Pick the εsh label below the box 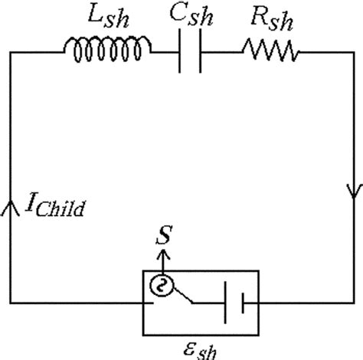coord(201,349)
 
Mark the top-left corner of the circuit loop coord(10,51)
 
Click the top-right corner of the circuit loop coord(353,51)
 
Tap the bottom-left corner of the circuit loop coord(10,302)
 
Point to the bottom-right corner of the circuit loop coord(353,302)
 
